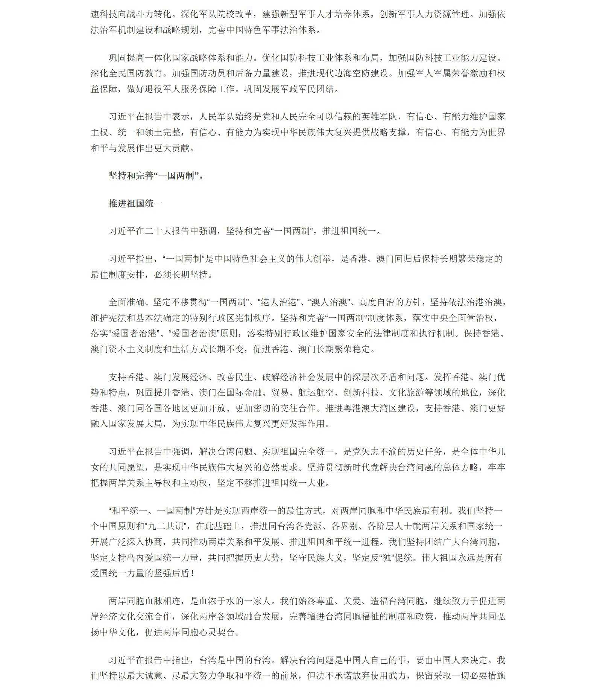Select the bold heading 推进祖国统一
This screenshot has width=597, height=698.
click(135, 204)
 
